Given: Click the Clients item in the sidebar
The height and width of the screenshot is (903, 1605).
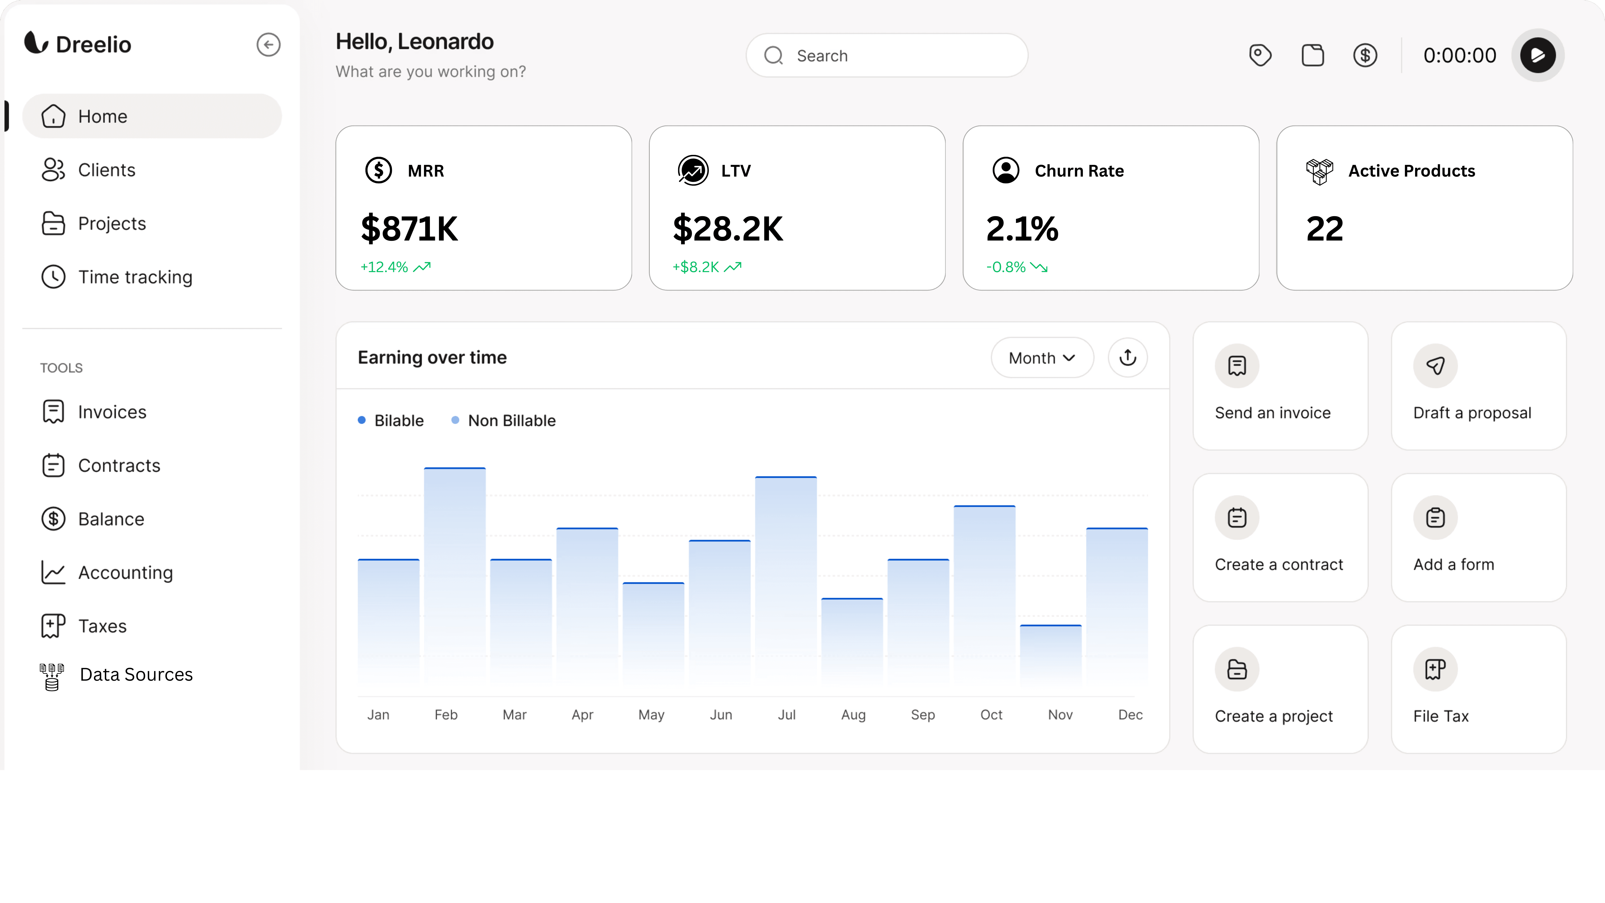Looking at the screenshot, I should [106, 170].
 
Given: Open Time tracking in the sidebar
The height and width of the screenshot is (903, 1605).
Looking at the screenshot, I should [135, 277].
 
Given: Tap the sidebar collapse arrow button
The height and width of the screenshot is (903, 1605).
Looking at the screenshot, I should [268, 45].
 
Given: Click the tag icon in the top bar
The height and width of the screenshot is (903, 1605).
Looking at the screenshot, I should [1260, 55].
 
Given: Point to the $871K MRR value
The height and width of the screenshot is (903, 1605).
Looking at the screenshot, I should [409, 229].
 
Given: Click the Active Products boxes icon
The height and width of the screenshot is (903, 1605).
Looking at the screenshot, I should [1319, 172].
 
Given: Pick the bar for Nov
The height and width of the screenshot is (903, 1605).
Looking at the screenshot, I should [1050, 657].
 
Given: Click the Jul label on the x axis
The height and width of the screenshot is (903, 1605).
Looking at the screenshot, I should [786, 715].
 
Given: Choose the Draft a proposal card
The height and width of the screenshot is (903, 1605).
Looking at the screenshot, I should [1478, 386].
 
